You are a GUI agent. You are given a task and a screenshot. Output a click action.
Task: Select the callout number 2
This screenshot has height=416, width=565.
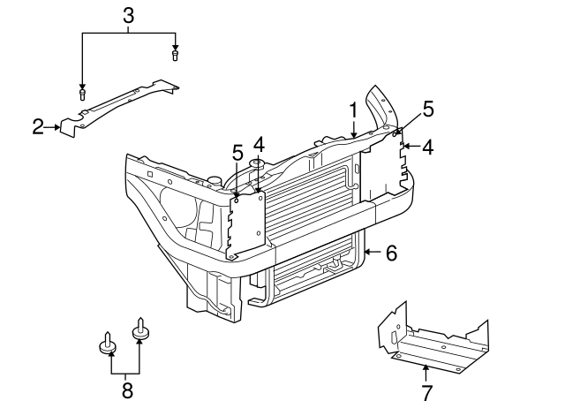point(38,127)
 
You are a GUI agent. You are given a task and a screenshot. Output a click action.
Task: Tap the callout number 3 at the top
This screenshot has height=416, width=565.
point(128,15)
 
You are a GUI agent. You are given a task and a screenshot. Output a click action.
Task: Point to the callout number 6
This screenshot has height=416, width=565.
point(391,253)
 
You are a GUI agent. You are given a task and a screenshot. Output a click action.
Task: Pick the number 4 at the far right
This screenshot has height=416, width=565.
point(427,147)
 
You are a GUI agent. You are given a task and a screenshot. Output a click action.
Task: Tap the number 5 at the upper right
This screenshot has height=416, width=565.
point(427,109)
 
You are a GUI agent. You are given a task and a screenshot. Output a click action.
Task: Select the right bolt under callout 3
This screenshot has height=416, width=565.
point(175,55)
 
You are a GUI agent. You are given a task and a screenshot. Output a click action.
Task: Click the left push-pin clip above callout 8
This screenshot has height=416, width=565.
point(108,344)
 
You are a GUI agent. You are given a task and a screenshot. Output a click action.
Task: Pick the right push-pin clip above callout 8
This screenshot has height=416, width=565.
point(140,330)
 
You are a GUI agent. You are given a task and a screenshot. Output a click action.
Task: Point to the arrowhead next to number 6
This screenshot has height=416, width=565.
point(368,253)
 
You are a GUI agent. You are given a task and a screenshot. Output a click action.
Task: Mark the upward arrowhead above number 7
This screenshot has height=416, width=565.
point(426,367)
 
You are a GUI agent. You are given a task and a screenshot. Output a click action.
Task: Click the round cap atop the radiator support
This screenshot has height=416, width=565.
point(258,164)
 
